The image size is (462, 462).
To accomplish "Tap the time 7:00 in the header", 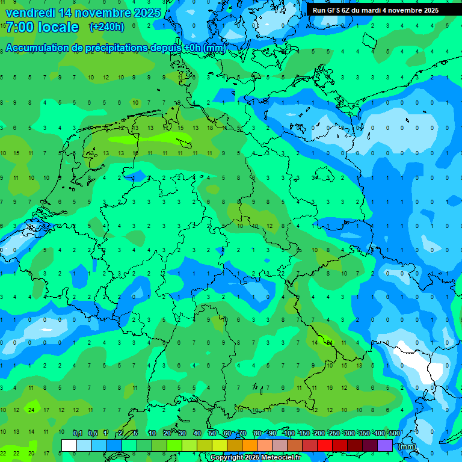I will [19, 27].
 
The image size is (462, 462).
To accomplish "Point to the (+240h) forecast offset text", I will [107, 27].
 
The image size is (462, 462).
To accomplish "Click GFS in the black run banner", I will [333, 10].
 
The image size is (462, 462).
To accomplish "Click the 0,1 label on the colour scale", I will [78, 433].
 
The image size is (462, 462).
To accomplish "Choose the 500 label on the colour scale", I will [394, 433].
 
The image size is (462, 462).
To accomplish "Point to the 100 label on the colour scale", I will [289, 433].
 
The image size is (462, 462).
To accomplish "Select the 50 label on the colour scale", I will [212, 433].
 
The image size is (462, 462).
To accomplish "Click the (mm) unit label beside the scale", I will [407, 446].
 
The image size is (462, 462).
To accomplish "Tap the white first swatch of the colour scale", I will [69, 445].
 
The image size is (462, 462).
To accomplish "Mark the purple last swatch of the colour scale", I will [385, 445].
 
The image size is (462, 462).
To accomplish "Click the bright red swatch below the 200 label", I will [325, 445].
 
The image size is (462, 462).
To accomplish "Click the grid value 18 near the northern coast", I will [210, 128].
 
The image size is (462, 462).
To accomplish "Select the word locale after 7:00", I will [58, 27].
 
